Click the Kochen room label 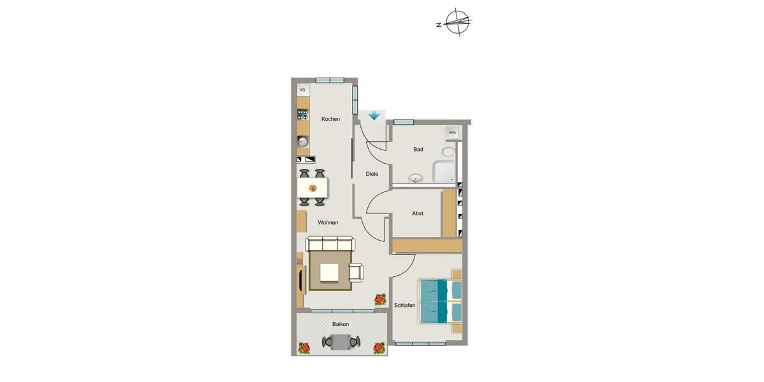coord(330,119)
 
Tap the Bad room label coord(418,150)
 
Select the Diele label coord(372,174)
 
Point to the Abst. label coord(418,214)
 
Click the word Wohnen coord(328,223)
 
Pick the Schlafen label coord(404,306)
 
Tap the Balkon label coord(341,325)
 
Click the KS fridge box coord(303,90)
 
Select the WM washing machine coord(452,132)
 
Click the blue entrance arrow coord(374,116)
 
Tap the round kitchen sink coord(303,141)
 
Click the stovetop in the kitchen coord(303,115)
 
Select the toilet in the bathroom coord(449,152)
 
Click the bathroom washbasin coord(416,179)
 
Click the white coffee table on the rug coord(330,272)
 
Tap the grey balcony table coord(341,342)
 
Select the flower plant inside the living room coord(380,299)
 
